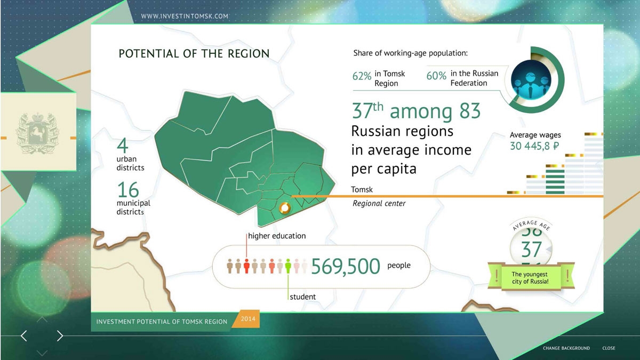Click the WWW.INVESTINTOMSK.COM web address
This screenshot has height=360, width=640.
tap(185, 16)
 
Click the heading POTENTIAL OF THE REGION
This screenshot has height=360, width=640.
tap(194, 54)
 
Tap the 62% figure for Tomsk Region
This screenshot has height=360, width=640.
tap(362, 76)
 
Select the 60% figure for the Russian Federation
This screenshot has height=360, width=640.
tap(436, 76)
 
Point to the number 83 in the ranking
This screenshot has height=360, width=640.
tap(470, 111)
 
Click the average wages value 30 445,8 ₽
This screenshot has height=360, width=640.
tap(534, 146)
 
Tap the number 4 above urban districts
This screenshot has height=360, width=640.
tap(122, 146)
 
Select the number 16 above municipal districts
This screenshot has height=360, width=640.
tap(128, 190)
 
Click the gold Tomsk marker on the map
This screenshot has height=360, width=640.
tap(285, 207)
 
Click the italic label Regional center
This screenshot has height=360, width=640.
tap(379, 203)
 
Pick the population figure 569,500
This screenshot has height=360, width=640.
tap(346, 267)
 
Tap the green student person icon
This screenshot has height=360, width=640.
tap(288, 266)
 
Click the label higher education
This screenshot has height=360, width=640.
tap(277, 236)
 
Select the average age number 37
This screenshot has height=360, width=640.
tap(531, 250)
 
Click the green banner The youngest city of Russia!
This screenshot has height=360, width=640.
tap(531, 278)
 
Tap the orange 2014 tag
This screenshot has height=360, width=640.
tap(247, 319)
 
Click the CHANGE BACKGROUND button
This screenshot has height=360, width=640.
tap(566, 348)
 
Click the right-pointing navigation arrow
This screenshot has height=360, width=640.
tap(60, 335)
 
